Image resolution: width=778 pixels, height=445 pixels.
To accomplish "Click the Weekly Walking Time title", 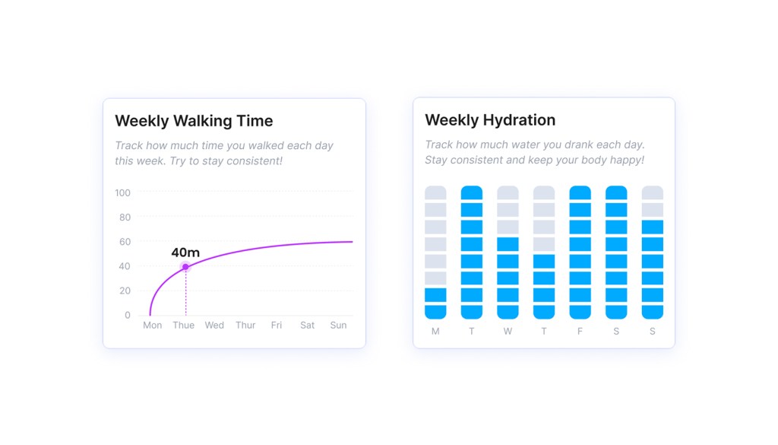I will click(x=194, y=121).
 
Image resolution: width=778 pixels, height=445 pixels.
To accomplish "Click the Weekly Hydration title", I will click(x=490, y=120).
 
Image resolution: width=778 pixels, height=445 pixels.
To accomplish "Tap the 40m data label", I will click(x=185, y=253).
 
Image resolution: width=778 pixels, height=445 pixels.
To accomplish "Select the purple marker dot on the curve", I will click(x=185, y=266).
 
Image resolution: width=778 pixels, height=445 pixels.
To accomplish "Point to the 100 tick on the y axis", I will click(x=122, y=193).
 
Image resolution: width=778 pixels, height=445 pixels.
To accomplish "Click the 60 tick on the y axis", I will click(x=125, y=242).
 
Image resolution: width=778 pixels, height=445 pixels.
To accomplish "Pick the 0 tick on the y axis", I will click(x=128, y=315).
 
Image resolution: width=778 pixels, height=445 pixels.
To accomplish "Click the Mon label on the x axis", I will click(x=153, y=325).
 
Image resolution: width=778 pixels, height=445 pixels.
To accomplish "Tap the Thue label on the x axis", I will click(x=184, y=325).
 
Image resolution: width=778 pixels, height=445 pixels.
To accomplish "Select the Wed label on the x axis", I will click(x=214, y=325).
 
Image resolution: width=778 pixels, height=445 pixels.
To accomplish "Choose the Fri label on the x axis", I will click(x=277, y=325).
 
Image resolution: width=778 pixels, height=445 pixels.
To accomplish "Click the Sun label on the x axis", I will click(x=338, y=325).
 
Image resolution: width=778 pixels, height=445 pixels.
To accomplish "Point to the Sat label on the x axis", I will click(x=308, y=325).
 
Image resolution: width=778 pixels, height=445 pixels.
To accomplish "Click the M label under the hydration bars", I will click(x=435, y=332).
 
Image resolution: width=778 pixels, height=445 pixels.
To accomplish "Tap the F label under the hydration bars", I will click(x=580, y=332).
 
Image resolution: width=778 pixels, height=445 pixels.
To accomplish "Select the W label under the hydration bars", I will click(x=508, y=332).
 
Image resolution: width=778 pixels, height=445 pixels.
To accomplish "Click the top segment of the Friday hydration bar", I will click(x=580, y=192).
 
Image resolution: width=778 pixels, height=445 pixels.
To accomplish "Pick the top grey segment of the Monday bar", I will click(x=435, y=192).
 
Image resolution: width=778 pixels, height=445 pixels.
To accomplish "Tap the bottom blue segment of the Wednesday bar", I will click(x=508, y=312).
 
